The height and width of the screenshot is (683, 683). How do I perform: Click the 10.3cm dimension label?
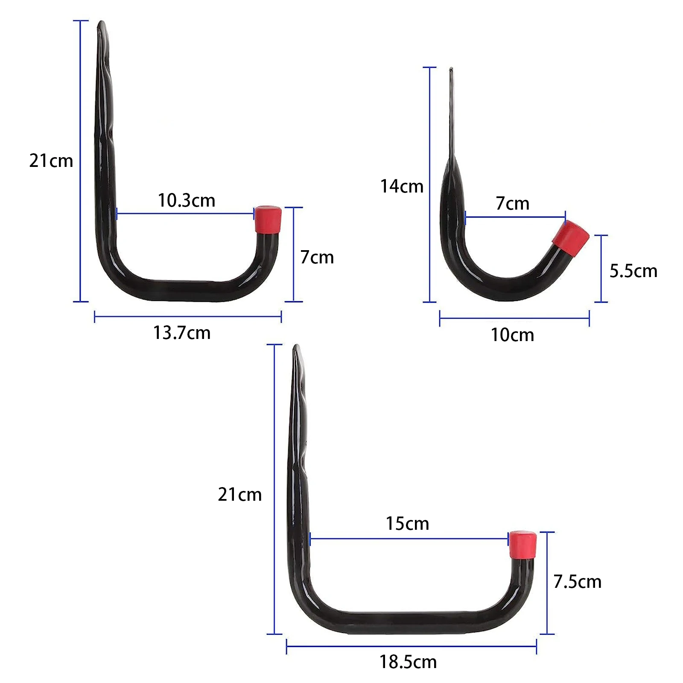[187, 201]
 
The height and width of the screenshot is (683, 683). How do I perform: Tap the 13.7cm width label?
[182, 333]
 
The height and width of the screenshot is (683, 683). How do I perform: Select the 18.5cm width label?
[408, 662]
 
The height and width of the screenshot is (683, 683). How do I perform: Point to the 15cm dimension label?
[407, 524]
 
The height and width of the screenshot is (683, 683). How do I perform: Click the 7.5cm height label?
[577, 582]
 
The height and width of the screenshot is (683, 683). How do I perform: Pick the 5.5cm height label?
[633, 271]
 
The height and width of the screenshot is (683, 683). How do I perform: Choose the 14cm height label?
[402, 187]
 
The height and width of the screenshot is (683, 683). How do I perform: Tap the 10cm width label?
[512, 335]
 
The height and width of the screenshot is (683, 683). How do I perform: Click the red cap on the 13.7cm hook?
[268, 219]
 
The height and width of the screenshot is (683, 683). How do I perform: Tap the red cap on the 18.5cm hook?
[522, 545]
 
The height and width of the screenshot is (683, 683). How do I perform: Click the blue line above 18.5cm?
[411, 646]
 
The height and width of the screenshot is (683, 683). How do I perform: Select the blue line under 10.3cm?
[185, 213]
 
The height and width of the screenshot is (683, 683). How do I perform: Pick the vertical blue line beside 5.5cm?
[601, 269]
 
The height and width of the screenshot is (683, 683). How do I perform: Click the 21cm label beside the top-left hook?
[51, 161]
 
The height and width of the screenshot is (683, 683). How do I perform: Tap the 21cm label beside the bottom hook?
[239, 495]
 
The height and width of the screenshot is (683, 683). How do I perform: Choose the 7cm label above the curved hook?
[512, 204]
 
